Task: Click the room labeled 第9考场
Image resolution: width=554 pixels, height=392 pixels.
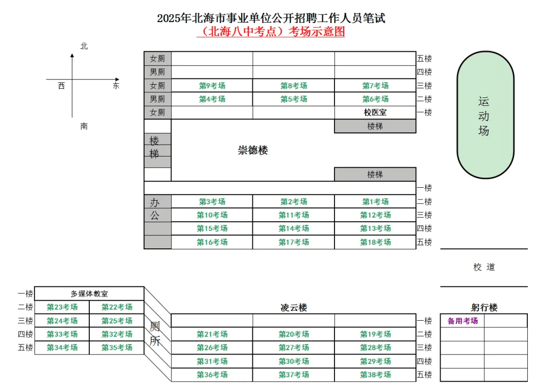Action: (212, 86)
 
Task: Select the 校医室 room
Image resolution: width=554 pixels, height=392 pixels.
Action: (375, 112)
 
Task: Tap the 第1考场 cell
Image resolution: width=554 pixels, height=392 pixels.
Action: (375, 202)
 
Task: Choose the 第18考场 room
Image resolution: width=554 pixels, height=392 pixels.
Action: (375, 242)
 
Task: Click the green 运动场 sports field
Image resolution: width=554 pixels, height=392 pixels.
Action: (485, 115)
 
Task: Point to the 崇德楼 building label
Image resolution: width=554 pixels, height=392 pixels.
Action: (252, 150)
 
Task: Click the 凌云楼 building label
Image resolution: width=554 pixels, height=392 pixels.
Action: (293, 307)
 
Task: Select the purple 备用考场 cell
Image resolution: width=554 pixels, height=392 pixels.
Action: (463, 321)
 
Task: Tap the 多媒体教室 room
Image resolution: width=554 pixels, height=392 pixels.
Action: (89, 293)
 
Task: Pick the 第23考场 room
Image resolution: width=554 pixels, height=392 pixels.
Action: (62, 307)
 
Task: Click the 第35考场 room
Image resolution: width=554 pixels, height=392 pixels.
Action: (117, 347)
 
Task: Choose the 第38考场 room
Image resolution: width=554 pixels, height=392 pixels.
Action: (375, 375)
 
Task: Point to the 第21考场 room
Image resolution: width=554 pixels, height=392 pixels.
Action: (212, 334)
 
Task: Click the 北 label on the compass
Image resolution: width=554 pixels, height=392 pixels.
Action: (84, 46)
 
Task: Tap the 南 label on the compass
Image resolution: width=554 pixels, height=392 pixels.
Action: (84, 126)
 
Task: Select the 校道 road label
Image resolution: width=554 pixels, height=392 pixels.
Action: (484, 267)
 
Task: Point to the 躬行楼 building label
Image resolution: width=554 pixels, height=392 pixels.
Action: (484, 307)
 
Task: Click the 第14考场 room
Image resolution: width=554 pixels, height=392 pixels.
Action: (293, 228)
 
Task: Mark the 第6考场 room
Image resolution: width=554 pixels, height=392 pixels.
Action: (375, 99)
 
